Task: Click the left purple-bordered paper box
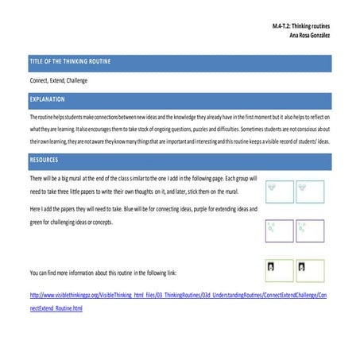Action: [277, 230]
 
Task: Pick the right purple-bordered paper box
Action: [311, 230]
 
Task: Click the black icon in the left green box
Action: [271, 266]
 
